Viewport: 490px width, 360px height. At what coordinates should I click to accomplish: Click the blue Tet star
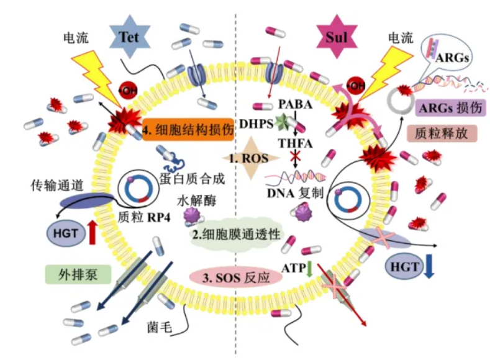(x=129, y=37)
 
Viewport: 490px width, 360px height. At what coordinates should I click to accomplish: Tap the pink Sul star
(x=337, y=37)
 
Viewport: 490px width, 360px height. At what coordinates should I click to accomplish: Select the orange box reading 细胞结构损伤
(x=188, y=130)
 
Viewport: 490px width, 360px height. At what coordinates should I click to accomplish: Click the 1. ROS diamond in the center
(x=251, y=158)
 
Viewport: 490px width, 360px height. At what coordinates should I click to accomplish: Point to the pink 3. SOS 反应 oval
(x=236, y=277)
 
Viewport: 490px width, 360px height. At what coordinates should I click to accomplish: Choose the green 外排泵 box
(x=78, y=274)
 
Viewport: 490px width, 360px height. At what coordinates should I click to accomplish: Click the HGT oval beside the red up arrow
(x=66, y=233)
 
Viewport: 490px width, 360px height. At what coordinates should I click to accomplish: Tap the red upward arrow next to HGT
(x=93, y=232)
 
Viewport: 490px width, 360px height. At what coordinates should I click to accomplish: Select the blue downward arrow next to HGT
(x=429, y=266)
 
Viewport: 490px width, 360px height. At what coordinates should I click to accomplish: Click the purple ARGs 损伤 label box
(x=451, y=108)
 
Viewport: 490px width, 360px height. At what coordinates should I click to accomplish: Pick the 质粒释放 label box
(x=442, y=133)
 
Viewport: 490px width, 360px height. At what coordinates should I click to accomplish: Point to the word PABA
(x=296, y=104)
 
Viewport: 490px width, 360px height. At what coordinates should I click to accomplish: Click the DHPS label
(x=256, y=124)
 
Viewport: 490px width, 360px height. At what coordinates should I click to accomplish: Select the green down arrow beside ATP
(x=309, y=269)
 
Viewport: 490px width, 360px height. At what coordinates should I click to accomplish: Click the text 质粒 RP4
(x=144, y=217)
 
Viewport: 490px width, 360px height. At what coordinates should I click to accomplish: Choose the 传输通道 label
(x=57, y=186)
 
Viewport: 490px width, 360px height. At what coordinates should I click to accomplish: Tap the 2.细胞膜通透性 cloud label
(x=236, y=234)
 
